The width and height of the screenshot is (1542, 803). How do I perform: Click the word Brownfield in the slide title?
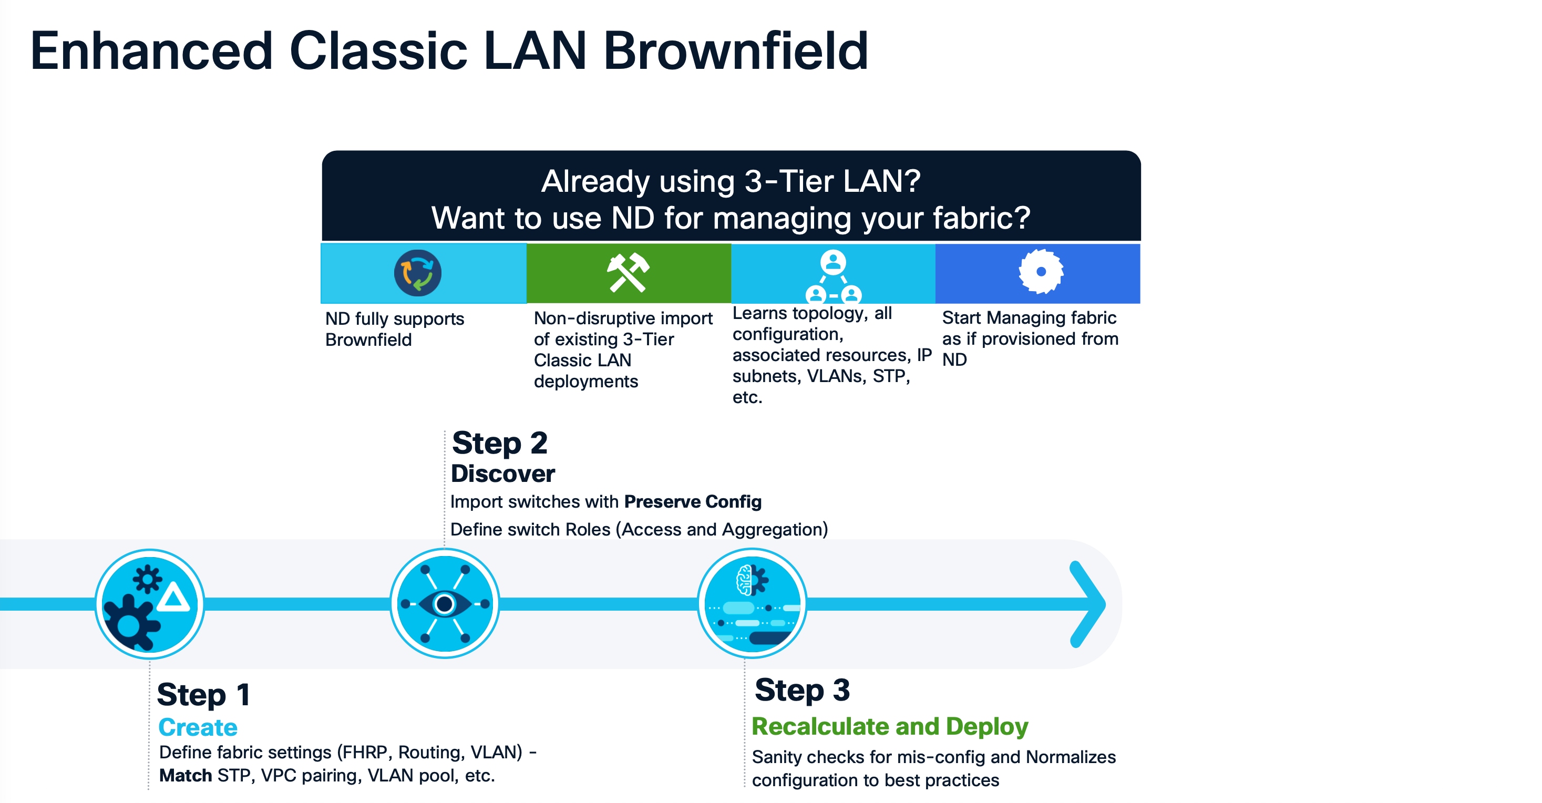point(735,52)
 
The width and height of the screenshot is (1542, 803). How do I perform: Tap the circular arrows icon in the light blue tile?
point(417,273)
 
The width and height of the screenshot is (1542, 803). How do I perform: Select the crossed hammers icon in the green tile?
point(628,272)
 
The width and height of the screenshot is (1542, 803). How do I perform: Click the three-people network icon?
point(832,277)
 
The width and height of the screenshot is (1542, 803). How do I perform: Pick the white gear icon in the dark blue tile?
point(1041,272)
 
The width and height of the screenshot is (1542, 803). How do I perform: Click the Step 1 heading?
point(203,695)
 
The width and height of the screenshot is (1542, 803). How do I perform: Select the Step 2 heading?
point(499,444)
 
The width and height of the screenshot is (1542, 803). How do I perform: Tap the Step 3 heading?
point(801,690)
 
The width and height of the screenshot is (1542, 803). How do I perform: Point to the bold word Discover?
point(502,474)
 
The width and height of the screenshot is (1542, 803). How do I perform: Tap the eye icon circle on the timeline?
point(444,604)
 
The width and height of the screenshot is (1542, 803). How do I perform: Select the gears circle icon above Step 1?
point(150,604)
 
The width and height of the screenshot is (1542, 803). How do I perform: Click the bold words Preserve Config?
point(692,501)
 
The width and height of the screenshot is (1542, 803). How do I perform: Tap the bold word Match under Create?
point(185,776)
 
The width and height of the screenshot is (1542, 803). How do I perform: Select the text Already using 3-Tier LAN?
point(731,181)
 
